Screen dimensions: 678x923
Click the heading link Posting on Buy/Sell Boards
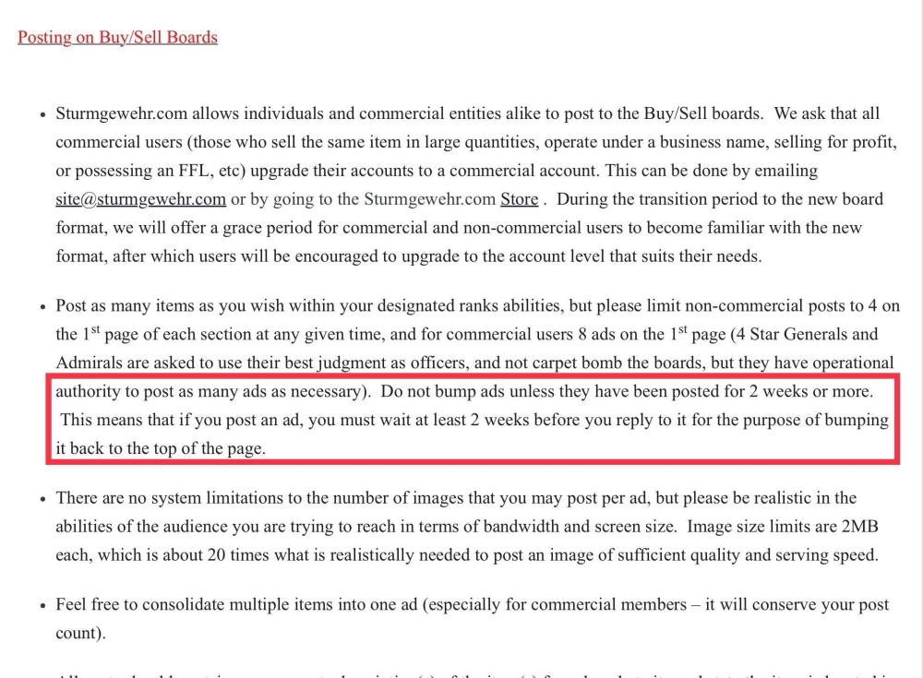[117, 38]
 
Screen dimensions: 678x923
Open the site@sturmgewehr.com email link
[140, 199]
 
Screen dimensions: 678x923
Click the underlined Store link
[519, 199]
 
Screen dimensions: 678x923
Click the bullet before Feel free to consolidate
[42, 606]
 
